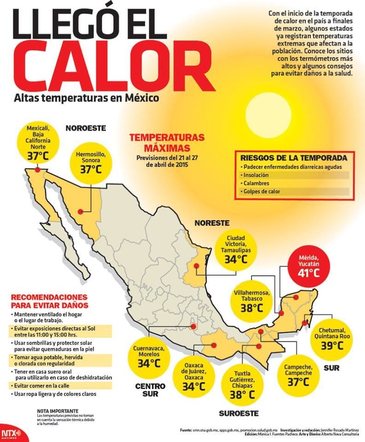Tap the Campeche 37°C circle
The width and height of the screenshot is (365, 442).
(298, 374)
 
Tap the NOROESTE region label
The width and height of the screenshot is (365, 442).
(86, 128)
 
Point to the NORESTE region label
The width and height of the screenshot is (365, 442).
(212, 223)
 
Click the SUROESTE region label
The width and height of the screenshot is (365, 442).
(238, 413)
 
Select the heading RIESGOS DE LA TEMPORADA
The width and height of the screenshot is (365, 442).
(294, 158)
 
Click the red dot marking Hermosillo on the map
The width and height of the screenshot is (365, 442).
(80, 212)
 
